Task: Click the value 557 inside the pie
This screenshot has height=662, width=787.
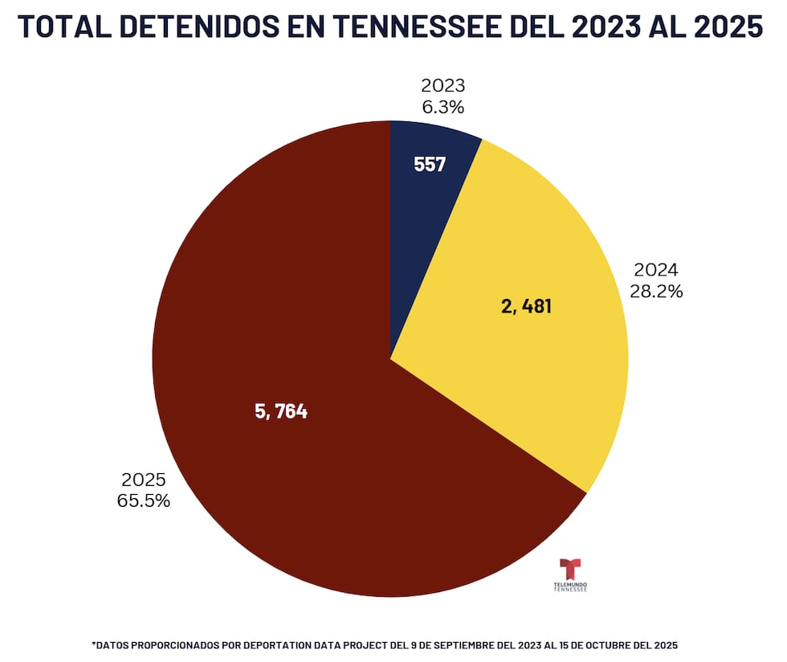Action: tap(430, 165)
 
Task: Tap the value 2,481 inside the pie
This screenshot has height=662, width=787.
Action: tap(526, 306)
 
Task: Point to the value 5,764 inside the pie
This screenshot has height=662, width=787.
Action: tap(281, 412)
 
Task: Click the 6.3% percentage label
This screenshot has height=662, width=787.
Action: tap(442, 107)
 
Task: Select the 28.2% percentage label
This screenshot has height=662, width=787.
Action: tap(656, 292)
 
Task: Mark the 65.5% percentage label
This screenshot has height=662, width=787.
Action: tap(144, 501)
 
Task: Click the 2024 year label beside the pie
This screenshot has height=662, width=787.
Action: tap(656, 270)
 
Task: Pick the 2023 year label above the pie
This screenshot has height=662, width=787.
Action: tap(442, 86)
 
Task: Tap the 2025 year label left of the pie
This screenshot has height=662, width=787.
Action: tap(144, 480)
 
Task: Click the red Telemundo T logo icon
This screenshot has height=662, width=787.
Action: tap(570, 568)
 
